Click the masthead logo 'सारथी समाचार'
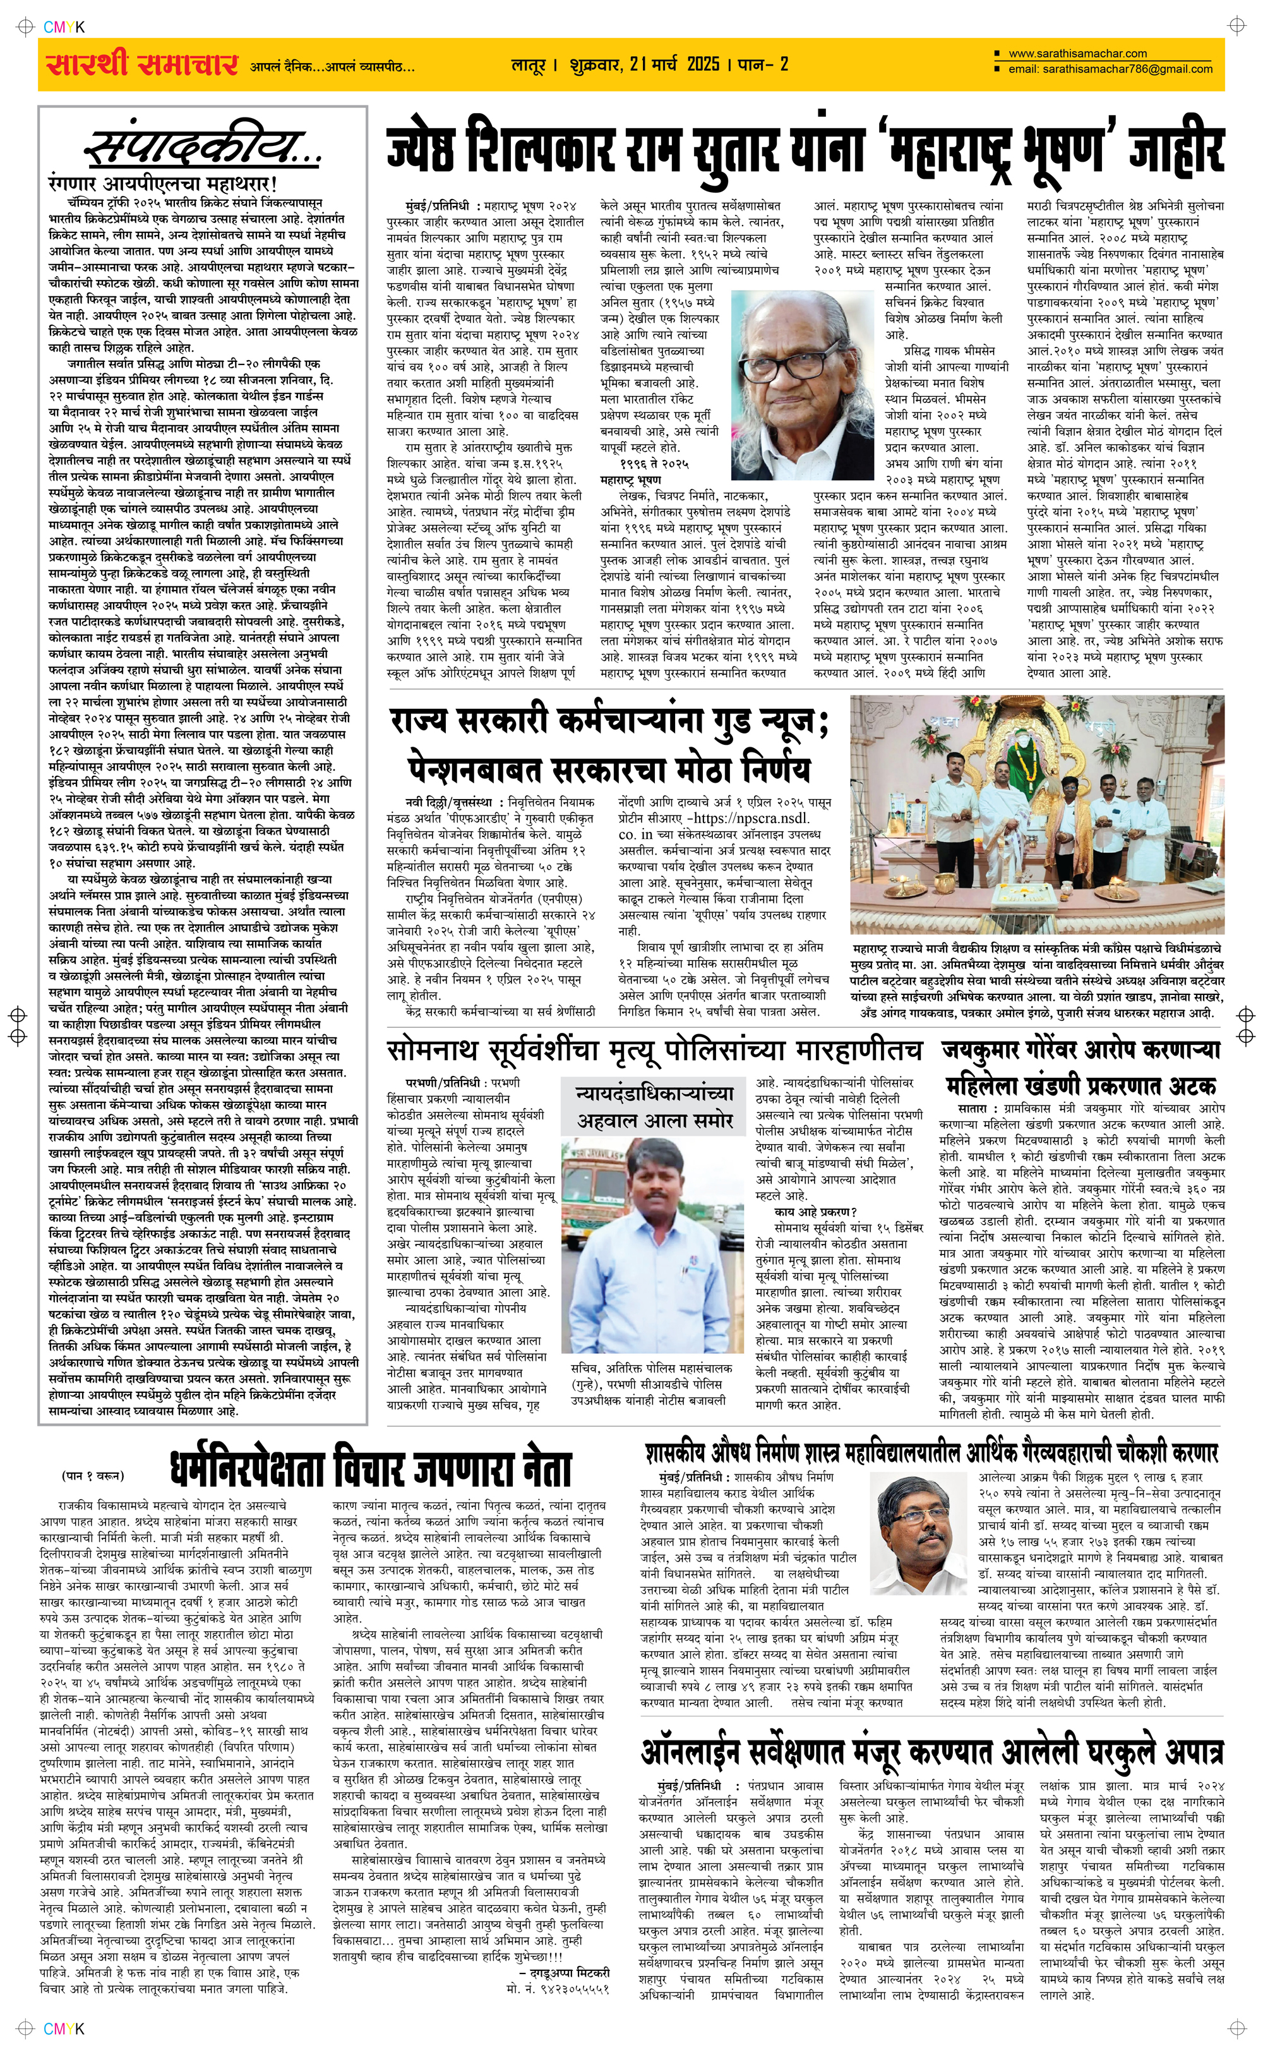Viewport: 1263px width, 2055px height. click(x=142, y=64)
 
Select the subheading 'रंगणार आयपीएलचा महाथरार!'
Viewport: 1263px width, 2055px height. click(x=163, y=183)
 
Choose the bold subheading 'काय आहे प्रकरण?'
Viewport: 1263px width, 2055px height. click(x=815, y=1211)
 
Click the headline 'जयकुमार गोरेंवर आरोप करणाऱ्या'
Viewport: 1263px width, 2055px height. click(x=1081, y=1050)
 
